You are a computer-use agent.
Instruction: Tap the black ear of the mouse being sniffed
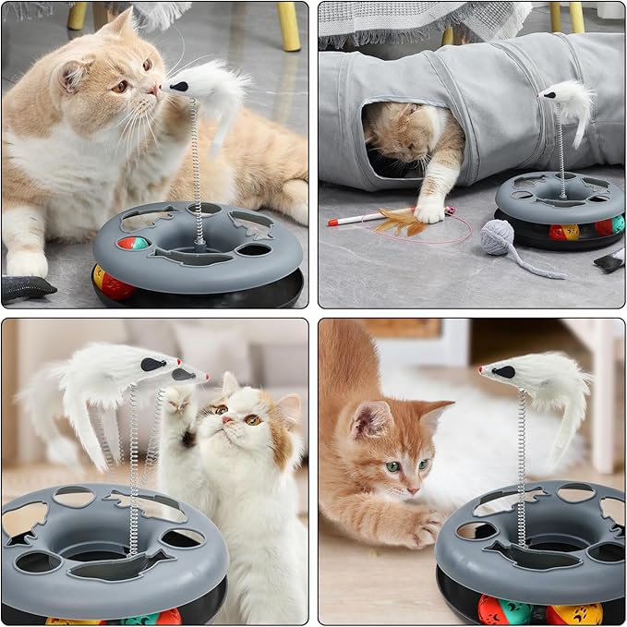[x=180, y=87]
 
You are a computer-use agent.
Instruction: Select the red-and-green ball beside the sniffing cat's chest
[x=132, y=243]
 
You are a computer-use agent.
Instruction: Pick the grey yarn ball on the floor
[x=498, y=237]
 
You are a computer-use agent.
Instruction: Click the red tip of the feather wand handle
[x=332, y=222]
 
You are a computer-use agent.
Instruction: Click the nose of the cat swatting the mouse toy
[x=224, y=418]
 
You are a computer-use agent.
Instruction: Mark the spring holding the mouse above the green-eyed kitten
[x=522, y=462]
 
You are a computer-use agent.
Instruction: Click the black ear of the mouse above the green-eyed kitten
[x=502, y=371]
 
